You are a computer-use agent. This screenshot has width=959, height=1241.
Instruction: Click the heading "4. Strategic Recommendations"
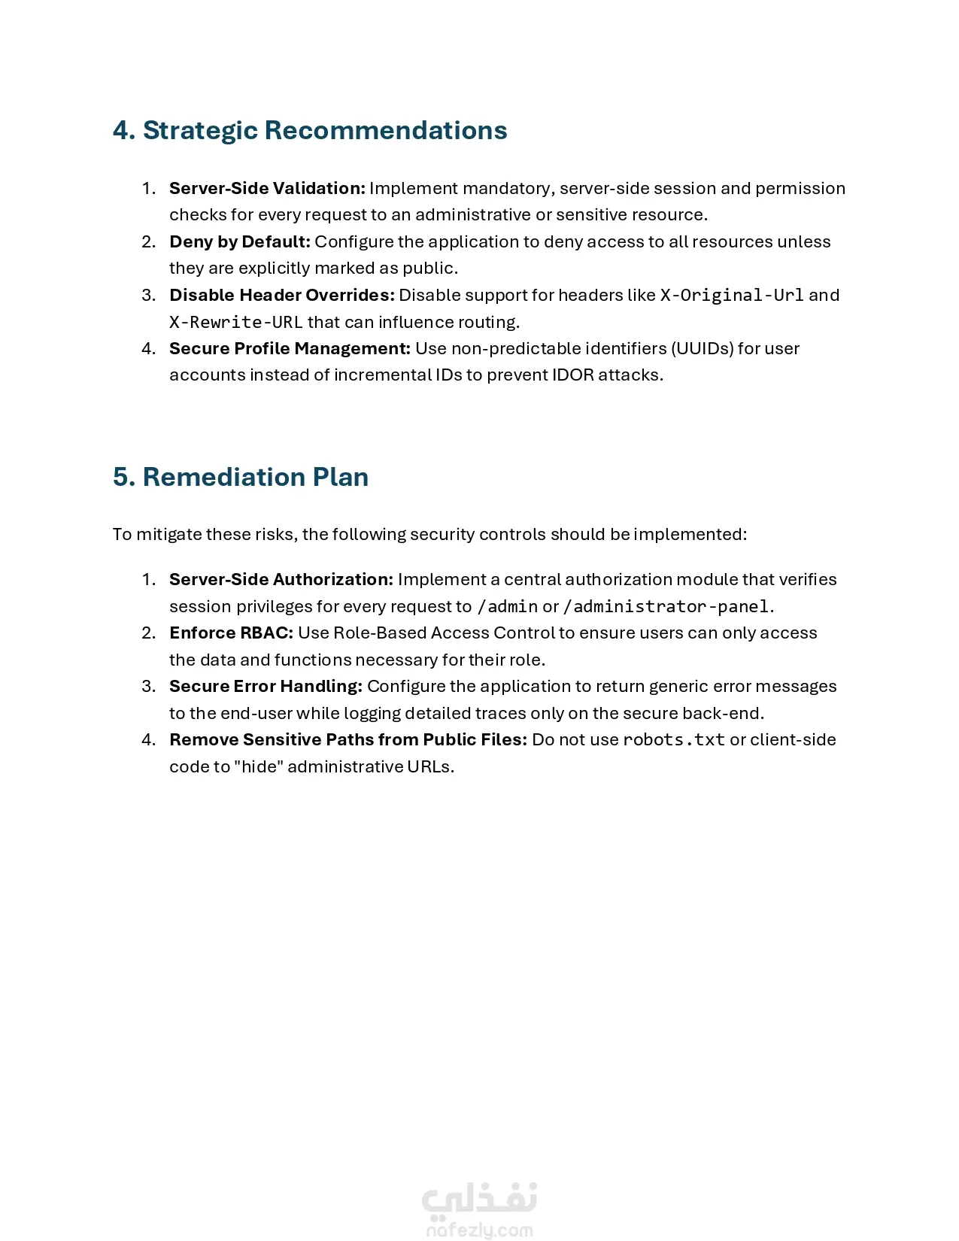point(310,130)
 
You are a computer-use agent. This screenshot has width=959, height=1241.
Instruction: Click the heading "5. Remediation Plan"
point(241,477)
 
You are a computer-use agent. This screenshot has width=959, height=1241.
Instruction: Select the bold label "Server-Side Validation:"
point(267,188)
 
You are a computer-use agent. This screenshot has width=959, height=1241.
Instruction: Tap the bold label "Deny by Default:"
point(239,241)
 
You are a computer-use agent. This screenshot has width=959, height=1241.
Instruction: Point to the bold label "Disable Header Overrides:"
point(281,295)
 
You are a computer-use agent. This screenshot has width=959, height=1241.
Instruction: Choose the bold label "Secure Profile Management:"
point(290,348)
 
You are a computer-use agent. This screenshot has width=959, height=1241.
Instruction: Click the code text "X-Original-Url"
point(732,295)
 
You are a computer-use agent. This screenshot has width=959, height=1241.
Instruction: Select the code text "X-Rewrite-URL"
point(235,322)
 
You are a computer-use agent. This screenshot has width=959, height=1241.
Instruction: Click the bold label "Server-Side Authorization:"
point(281,579)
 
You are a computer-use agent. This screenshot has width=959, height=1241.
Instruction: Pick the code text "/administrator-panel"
point(666,606)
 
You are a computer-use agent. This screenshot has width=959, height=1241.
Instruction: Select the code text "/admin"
point(508,606)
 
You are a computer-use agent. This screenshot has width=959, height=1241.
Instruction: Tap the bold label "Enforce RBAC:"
point(231,633)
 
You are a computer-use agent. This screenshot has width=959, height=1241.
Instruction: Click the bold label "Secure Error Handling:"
point(266,686)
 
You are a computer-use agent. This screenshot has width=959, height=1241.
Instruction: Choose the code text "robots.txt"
point(674,739)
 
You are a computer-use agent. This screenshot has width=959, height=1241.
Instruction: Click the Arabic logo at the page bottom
point(479,1197)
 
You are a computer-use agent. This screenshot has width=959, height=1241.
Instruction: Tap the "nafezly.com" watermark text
point(479,1230)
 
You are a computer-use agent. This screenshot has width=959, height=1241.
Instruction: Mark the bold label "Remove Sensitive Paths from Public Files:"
point(347,739)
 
